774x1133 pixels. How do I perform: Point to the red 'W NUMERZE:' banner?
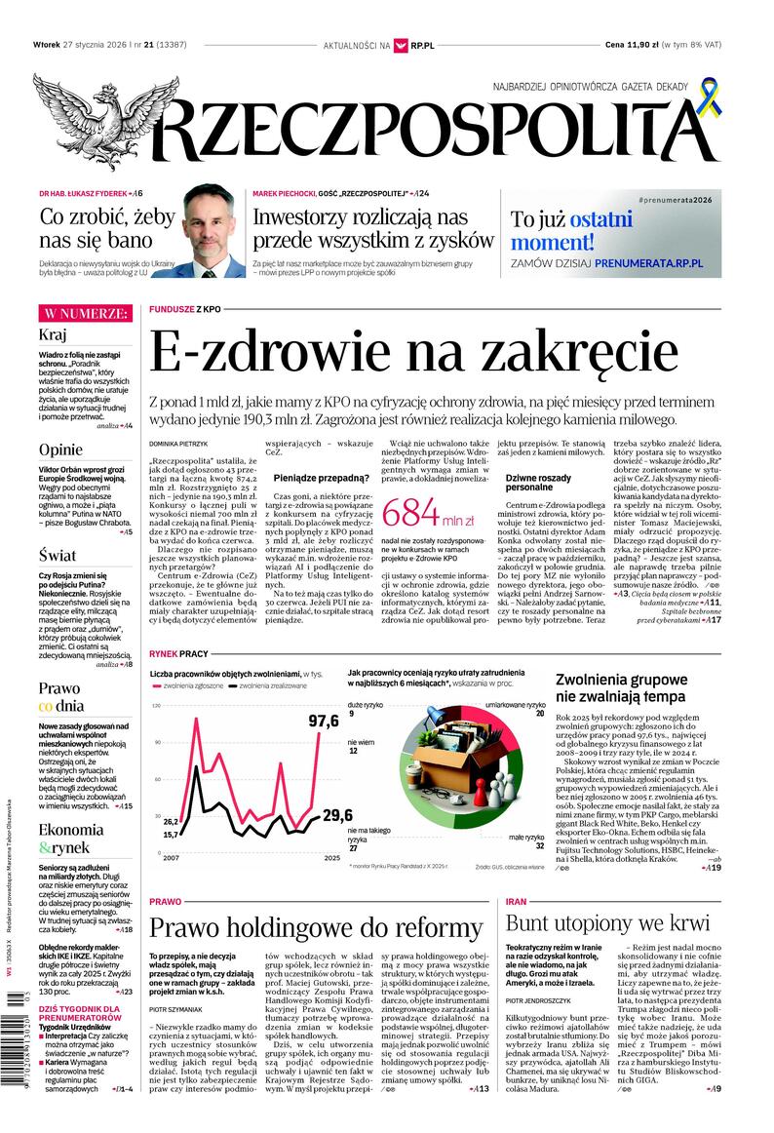click(x=84, y=314)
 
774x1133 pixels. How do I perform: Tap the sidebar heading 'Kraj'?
click(x=53, y=335)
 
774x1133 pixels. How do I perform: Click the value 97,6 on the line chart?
click(x=323, y=721)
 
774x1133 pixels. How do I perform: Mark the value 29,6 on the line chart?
click(x=336, y=816)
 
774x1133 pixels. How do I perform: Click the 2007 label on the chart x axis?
click(x=171, y=858)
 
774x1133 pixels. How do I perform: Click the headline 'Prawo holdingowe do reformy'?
click(x=316, y=927)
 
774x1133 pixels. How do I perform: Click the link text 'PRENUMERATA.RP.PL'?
click(x=670, y=263)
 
